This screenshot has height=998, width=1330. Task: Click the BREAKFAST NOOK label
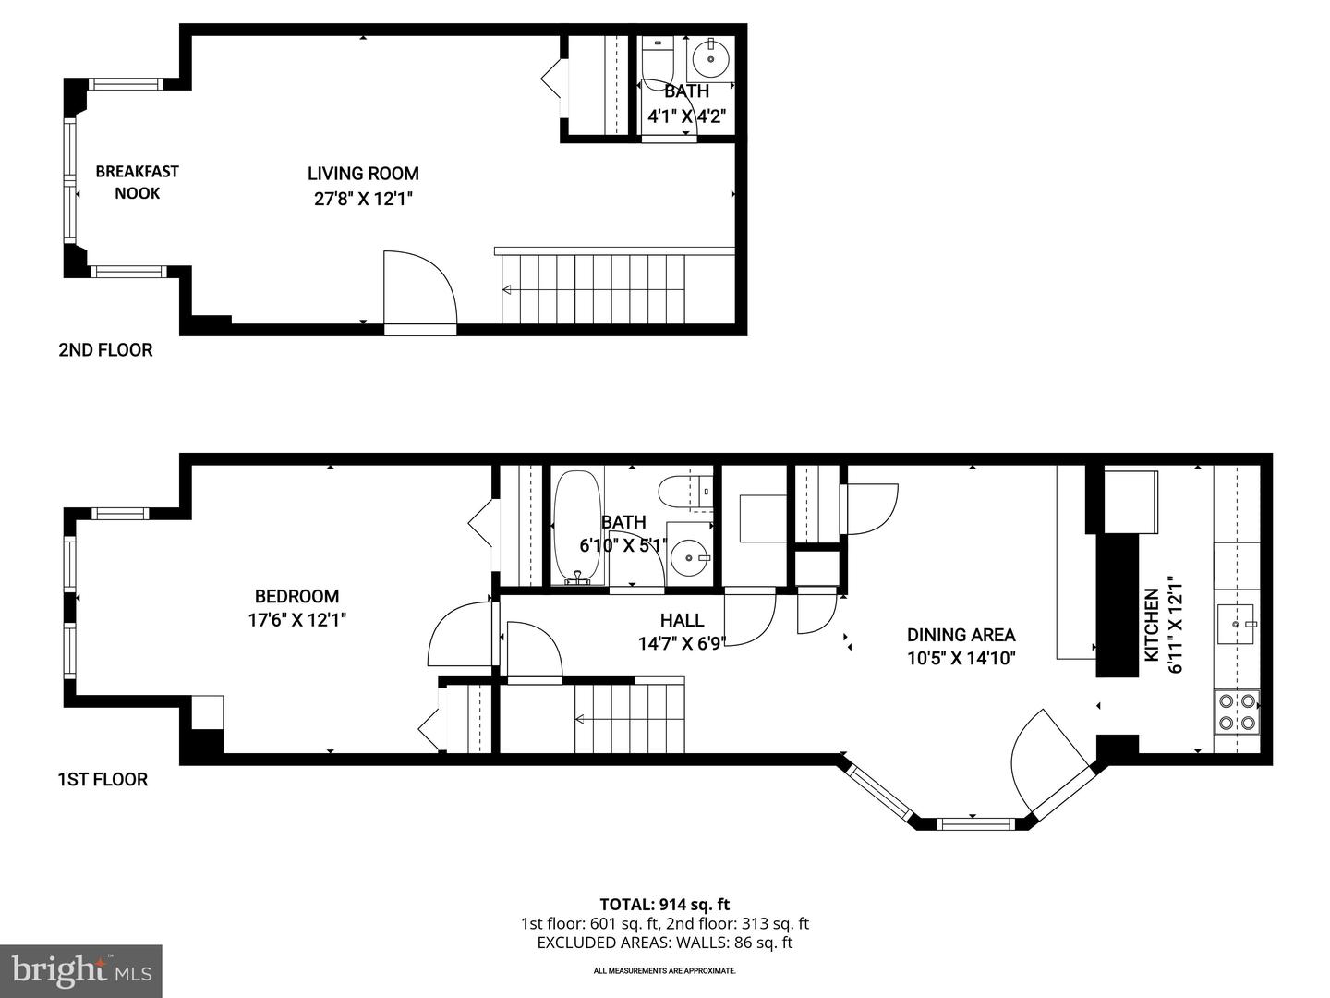[x=137, y=182]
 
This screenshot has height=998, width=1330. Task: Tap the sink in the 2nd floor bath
[x=710, y=58]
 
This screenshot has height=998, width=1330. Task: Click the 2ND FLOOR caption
[x=105, y=350]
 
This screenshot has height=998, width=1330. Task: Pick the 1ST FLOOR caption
[x=103, y=779]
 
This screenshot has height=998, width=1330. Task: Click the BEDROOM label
[x=296, y=596]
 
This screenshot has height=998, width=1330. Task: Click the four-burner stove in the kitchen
[x=1237, y=712]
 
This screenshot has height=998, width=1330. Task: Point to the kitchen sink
[x=1235, y=624]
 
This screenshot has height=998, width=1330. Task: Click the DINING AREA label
[x=961, y=635]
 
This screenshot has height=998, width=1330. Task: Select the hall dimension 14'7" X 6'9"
[x=682, y=643]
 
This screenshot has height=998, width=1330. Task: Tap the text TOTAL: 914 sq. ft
[x=664, y=905]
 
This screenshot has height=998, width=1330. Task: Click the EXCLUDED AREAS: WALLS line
[x=664, y=943]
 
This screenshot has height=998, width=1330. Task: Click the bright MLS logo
[x=81, y=970]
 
